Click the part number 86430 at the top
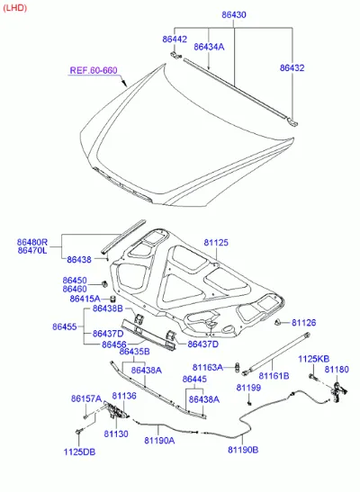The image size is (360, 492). tap(234, 14)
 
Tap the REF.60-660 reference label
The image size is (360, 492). tap(94, 70)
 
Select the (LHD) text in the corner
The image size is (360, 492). tap(14, 7)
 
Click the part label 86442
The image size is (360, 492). tap(175, 40)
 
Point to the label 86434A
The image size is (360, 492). tap(209, 47)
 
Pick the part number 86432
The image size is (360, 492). tap(292, 67)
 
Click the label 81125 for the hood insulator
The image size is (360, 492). tap(216, 243)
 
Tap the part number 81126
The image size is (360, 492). tap(304, 323)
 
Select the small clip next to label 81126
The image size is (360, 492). tap(278, 322)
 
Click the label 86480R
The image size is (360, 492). tap(32, 242)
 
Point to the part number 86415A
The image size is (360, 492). tap(85, 299)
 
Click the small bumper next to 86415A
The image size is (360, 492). tap(112, 299)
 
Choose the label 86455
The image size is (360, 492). tap(65, 327)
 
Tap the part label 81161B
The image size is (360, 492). tap(274, 376)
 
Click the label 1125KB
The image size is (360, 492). tap(313, 359)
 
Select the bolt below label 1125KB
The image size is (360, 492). tap(312, 376)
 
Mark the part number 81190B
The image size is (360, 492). tap(243, 450)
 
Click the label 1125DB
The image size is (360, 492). tap(79, 452)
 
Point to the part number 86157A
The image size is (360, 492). tap(86, 398)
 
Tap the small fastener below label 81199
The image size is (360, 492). tap(250, 403)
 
